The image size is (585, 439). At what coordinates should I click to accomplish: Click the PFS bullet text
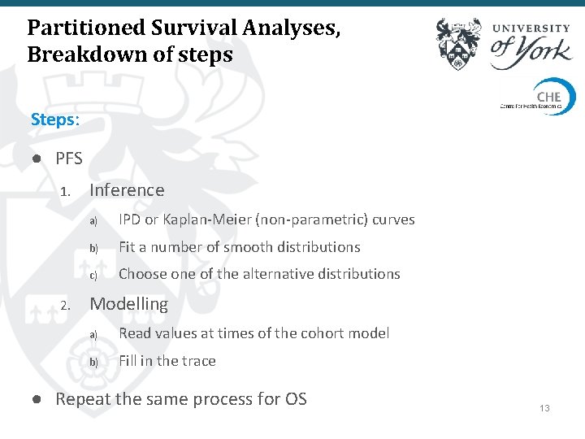69,159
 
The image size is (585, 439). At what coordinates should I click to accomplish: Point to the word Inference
127,190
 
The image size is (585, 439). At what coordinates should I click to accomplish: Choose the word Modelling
128,304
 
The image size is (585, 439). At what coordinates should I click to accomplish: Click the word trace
199,361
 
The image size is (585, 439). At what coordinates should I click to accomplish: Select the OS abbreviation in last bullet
296,399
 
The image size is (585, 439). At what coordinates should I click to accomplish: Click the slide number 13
544,407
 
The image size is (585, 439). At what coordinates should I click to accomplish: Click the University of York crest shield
458,45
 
